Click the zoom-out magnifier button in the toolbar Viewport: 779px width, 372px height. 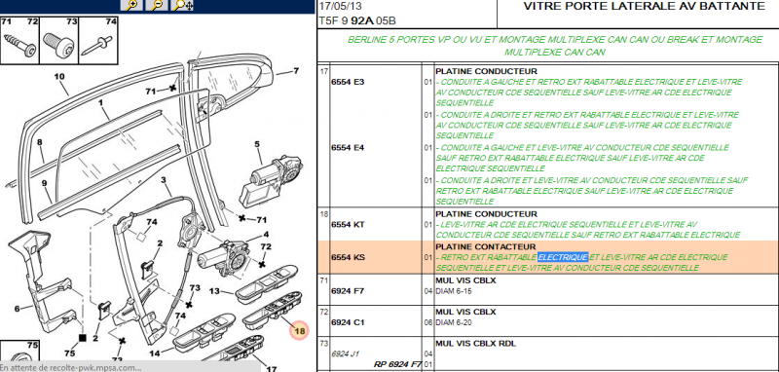156,5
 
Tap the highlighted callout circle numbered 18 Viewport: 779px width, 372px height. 299,330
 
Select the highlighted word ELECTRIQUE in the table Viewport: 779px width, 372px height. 563,256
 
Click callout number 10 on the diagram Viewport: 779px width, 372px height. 59,77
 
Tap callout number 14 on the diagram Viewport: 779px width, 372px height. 127,354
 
